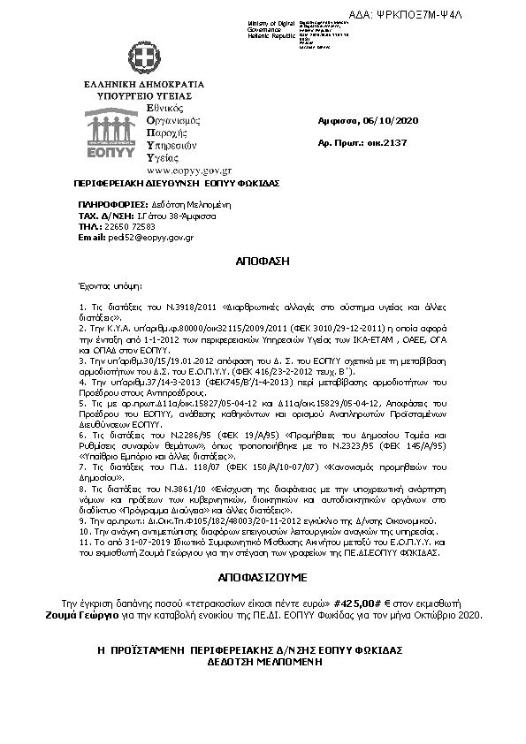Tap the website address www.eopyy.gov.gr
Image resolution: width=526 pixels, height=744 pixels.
(177, 170)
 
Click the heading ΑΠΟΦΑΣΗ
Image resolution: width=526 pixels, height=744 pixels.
(262, 262)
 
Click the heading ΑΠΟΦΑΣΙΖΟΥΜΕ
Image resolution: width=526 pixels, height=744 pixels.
(262, 575)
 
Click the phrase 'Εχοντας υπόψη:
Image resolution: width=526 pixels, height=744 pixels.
(110, 286)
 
